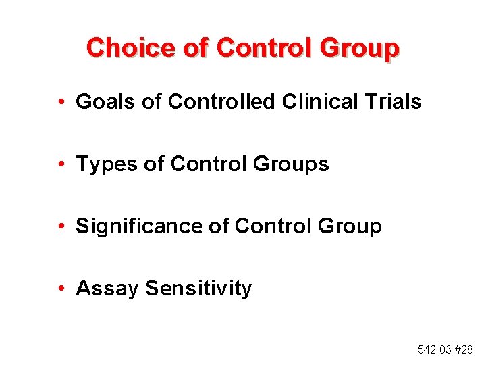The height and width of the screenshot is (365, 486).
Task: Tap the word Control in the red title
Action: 256,48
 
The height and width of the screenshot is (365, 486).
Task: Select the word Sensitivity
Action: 198,289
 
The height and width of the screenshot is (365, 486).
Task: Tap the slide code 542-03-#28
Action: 445,349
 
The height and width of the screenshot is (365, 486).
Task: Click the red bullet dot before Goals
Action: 61,103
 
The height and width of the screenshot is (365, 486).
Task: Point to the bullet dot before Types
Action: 61,165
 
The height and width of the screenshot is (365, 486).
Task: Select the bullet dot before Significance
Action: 61,227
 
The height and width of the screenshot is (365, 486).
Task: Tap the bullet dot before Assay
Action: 61,289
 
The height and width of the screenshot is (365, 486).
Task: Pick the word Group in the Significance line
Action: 350,226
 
